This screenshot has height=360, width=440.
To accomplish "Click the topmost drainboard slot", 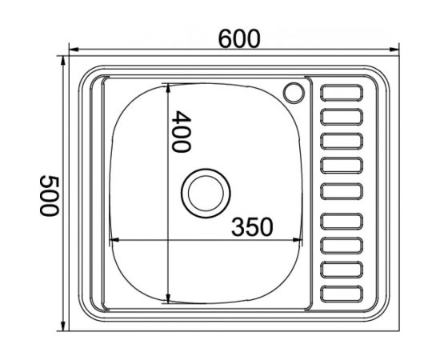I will click(342, 93).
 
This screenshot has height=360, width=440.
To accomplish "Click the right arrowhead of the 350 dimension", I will click(302, 239).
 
